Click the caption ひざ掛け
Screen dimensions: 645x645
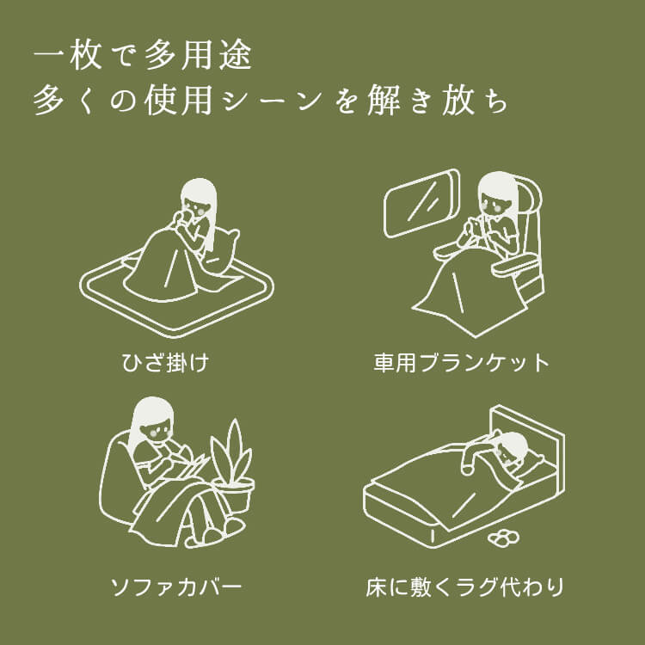[165, 363]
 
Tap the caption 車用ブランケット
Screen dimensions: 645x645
[461, 363]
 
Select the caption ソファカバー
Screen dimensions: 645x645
[176, 587]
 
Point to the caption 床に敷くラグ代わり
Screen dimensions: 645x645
[464, 587]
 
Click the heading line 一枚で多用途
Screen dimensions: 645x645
[142, 55]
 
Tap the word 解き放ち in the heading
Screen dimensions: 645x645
[437, 100]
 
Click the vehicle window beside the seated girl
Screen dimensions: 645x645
[421, 203]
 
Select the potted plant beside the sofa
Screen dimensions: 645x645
[232, 467]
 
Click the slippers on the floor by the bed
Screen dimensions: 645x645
[503, 537]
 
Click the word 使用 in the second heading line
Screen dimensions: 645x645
[179, 100]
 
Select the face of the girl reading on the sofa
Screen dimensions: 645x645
[154, 431]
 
